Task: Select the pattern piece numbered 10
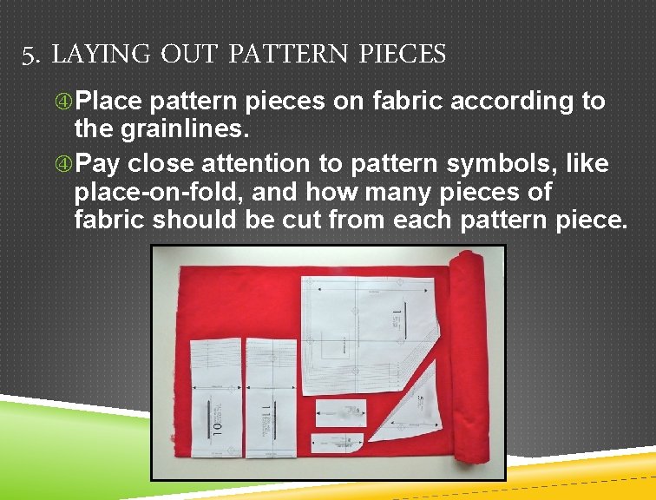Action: pyautogui.click(x=215, y=395)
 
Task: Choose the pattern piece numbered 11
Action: pyautogui.click(x=271, y=395)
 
